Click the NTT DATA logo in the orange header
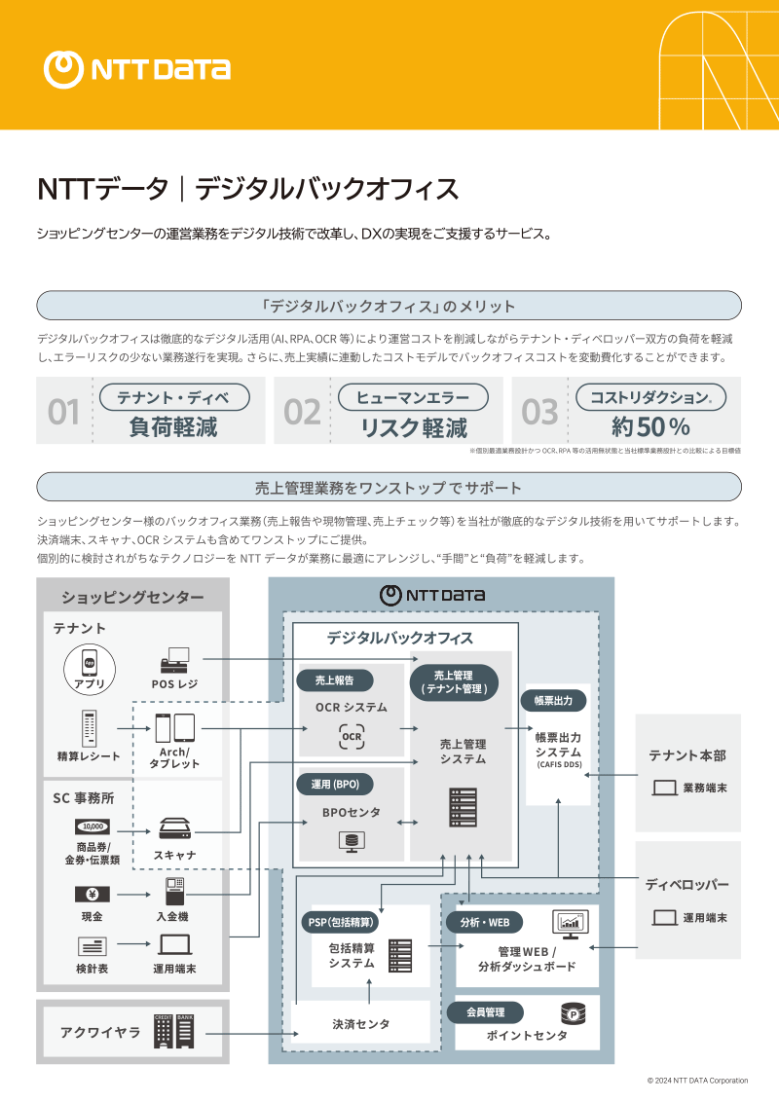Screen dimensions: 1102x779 [x=137, y=68]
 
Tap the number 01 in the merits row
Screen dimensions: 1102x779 [x=64, y=413]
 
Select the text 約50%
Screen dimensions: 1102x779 [x=650, y=426]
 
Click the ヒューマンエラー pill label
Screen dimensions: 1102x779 [x=413, y=397]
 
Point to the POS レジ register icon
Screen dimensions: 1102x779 [x=174, y=659]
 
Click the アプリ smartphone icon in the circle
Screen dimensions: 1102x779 [x=90, y=661]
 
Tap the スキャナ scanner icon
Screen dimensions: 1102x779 [x=174, y=828]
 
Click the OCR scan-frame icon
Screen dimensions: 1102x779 [x=352, y=737]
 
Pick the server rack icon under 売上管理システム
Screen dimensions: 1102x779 [x=463, y=806]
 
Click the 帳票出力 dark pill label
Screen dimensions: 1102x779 [x=553, y=701]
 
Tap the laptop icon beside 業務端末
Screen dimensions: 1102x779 [x=664, y=788]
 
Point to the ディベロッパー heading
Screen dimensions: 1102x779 [x=686, y=885]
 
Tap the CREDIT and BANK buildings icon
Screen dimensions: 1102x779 [x=174, y=1031]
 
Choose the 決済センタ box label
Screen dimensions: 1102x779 [x=360, y=1024]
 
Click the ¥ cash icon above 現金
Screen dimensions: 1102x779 [x=92, y=894]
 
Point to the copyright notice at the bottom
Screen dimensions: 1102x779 [x=697, y=1081]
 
